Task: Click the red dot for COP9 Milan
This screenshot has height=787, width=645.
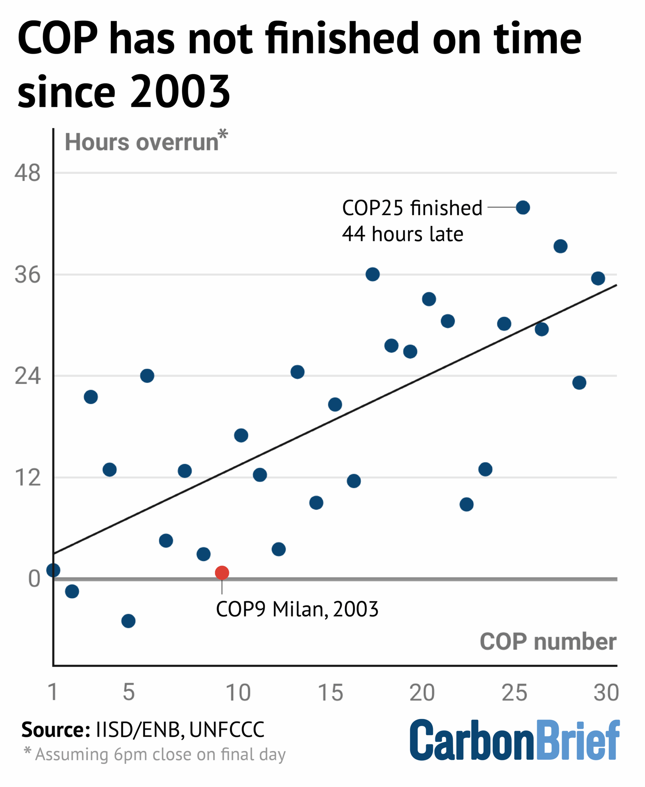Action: point(222,572)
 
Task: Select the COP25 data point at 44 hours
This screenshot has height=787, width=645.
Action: point(522,208)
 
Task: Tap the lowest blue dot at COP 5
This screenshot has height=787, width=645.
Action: point(128,621)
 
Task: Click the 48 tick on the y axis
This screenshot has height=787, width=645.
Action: point(27,173)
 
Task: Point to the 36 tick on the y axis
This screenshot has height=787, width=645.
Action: point(27,275)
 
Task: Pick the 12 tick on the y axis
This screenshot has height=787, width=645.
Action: point(27,478)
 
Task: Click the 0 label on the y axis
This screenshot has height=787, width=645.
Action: point(34,579)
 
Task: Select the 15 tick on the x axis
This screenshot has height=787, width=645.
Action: point(331,693)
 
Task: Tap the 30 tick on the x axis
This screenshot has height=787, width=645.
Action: point(606,693)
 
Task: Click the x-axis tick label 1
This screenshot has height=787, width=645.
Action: point(53,693)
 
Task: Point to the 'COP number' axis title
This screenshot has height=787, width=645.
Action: point(547,641)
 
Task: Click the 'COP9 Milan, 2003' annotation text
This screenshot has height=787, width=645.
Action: point(297,609)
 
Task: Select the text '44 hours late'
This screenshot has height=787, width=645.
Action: point(402,234)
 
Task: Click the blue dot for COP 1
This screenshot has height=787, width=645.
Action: point(53,570)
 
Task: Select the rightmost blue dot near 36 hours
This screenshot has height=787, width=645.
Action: point(598,278)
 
